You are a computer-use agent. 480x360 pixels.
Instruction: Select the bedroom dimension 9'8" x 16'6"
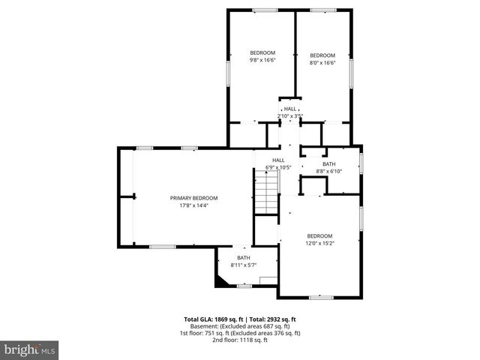click(262, 60)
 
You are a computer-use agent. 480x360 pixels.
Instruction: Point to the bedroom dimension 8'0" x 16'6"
click(322, 63)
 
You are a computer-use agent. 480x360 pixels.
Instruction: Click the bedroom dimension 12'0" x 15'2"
click(319, 243)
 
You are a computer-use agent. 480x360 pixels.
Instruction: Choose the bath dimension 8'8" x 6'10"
click(329, 171)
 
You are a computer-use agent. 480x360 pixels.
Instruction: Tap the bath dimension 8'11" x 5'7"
click(244, 265)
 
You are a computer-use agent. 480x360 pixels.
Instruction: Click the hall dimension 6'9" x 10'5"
click(278, 167)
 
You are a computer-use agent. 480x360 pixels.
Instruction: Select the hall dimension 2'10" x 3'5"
click(289, 115)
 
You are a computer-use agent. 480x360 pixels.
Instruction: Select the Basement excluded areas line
click(239, 326)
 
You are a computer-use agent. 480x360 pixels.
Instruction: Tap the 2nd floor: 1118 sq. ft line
click(239, 340)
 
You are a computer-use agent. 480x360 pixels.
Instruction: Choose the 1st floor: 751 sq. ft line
click(239, 333)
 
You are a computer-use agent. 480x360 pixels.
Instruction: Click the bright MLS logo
click(30, 349)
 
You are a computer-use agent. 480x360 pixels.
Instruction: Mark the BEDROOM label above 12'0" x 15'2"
click(319, 235)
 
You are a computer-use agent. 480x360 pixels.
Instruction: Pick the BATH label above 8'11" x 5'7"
click(244, 257)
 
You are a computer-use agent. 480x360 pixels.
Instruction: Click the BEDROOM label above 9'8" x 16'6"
click(262, 52)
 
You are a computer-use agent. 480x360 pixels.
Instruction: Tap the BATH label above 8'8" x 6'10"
click(329, 163)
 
